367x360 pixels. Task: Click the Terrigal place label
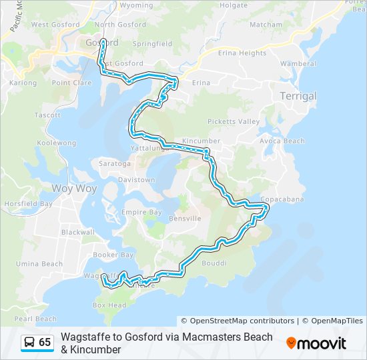point(298,96)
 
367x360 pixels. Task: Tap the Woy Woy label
point(74,189)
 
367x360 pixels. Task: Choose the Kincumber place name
point(201,142)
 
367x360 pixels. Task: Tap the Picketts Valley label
point(233,122)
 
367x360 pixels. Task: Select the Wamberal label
point(298,64)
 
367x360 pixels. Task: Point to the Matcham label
point(266,25)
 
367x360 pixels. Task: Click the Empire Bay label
point(141,213)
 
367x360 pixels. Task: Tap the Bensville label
point(185,219)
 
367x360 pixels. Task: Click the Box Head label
point(109,305)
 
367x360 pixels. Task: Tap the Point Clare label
point(71,83)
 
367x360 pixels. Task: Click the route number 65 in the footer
point(45,343)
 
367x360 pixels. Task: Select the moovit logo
point(316,343)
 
